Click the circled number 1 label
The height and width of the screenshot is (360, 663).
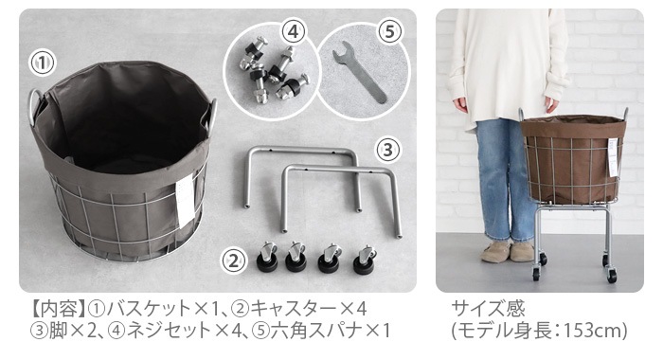click(x=41, y=63)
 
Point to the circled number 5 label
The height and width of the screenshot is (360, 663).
click(x=390, y=30)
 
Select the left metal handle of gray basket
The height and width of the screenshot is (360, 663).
click(x=35, y=103)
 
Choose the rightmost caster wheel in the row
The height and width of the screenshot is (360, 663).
click(x=364, y=259)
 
